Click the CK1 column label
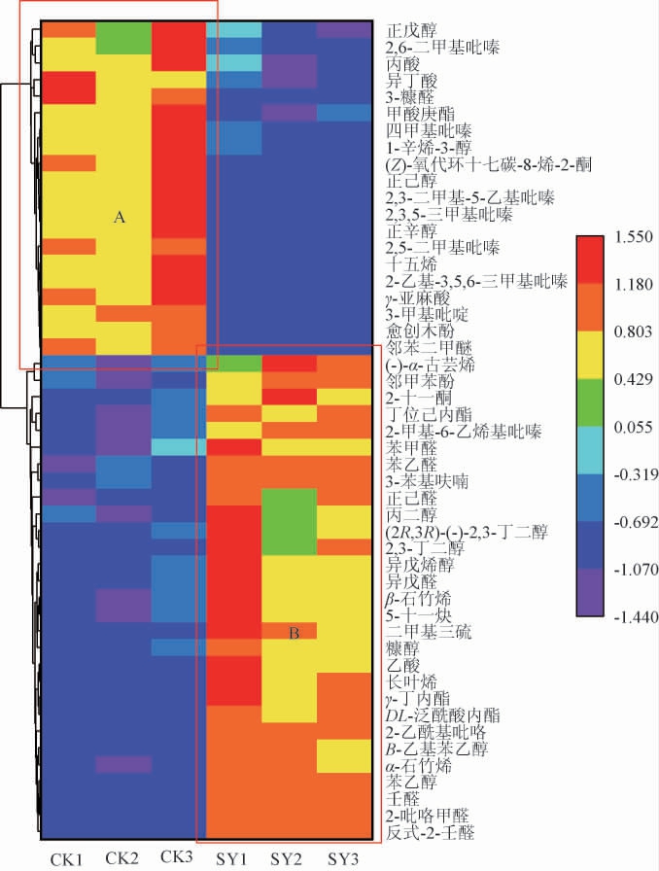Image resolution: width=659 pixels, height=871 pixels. (x=67, y=858)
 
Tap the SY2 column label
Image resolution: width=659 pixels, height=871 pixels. (x=288, y=858)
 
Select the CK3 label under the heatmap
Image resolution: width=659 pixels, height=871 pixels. (x=178, y=857)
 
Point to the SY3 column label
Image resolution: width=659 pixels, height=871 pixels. (x=344, y=858)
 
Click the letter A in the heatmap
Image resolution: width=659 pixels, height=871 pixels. (x=121, y=220)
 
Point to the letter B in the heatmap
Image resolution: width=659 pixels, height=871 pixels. (x=295, y=634)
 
